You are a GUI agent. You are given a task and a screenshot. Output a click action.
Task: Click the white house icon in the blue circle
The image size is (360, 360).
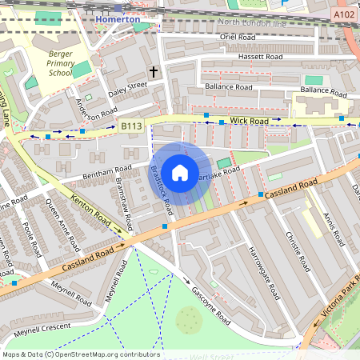180,172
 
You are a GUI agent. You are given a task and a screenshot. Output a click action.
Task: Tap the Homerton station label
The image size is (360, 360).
117,18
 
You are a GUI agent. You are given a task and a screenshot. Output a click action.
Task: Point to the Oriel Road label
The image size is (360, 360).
237,37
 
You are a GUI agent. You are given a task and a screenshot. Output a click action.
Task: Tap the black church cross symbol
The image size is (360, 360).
153,72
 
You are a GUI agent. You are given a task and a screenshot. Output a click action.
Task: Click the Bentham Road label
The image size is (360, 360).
106,171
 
